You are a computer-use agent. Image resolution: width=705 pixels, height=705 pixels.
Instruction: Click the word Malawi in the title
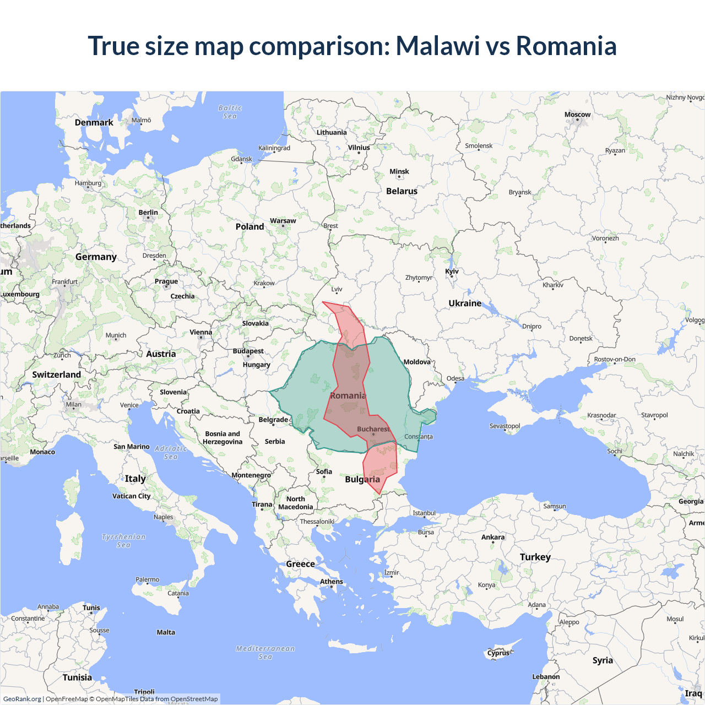438,46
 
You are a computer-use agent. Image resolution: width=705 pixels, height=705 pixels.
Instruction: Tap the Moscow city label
577,115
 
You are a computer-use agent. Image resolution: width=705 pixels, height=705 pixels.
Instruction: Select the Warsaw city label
283,221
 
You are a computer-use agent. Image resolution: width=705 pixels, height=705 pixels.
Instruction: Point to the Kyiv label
452,272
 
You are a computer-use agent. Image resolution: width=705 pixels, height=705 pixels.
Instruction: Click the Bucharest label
373,429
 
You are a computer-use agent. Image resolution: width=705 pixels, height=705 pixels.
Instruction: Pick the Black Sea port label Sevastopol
505,426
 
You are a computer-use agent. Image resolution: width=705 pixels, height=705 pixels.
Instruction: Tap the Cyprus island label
498,653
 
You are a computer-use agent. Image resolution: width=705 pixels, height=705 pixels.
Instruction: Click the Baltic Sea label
230,112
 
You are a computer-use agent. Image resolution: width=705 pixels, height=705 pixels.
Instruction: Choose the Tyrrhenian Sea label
124,541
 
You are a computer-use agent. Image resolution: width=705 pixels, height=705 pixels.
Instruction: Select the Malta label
166,632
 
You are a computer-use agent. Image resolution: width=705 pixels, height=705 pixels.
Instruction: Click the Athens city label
332,582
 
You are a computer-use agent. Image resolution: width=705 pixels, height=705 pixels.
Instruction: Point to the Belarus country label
402,191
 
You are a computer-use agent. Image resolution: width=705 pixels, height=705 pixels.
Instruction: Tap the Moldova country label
417,362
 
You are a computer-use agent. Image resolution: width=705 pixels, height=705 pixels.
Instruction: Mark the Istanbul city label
424,513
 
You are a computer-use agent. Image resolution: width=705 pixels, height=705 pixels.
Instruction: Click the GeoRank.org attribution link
22,699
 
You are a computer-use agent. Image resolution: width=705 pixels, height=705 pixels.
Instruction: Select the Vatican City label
131,496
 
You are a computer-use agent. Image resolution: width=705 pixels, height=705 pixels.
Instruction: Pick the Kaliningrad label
274,148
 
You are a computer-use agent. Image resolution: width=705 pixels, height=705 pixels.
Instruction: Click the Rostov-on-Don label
615,360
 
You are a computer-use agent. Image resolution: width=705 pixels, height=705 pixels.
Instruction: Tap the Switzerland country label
56,375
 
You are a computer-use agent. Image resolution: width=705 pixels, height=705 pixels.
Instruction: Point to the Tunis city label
91,608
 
